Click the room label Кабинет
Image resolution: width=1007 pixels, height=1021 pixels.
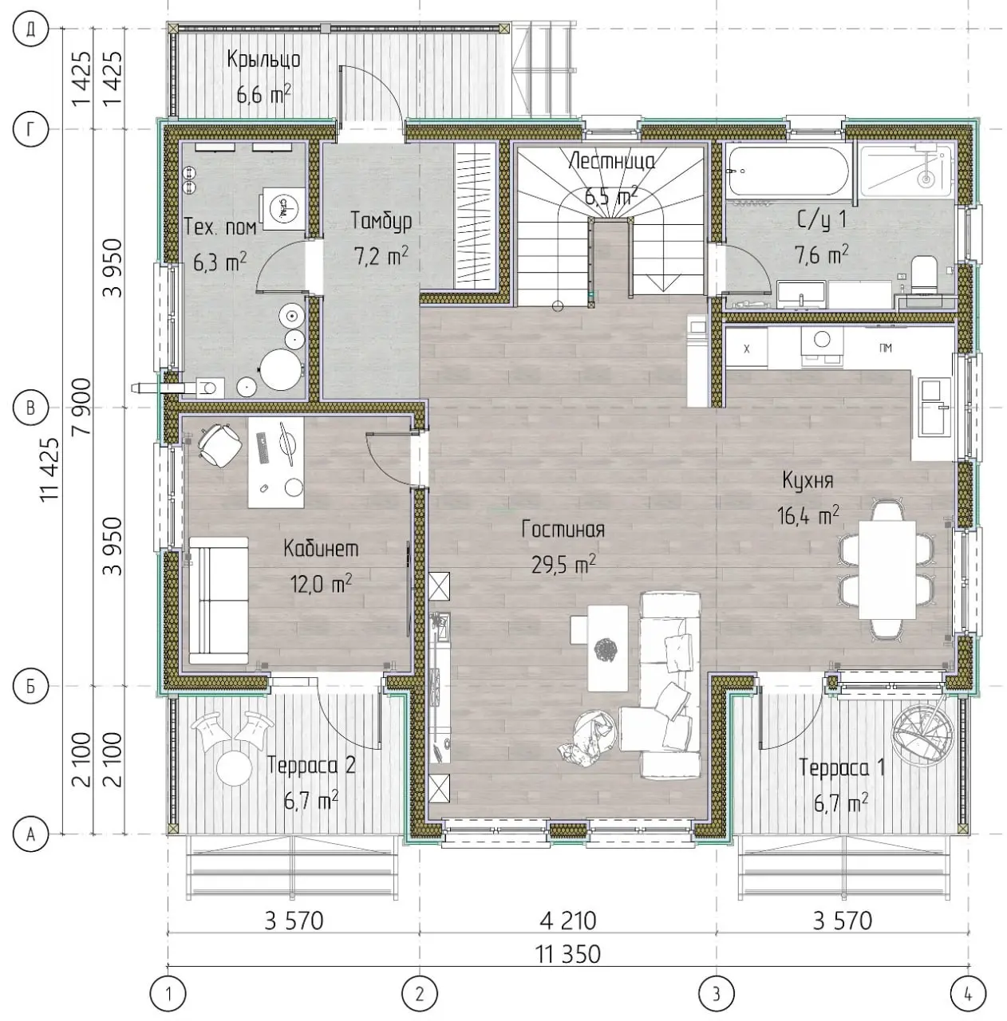[x=321, y=548]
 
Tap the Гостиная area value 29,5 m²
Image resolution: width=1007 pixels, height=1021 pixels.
[x=563, y=565]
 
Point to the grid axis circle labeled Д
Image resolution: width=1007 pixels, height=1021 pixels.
[x=31, y=30]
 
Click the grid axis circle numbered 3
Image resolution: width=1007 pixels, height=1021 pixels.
[x=717, y=994]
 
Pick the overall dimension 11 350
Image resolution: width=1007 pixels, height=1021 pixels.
[x=568, y=955]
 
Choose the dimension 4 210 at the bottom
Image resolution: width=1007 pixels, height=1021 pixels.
[x=568, y=920]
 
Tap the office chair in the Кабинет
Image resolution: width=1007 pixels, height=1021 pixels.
[x=219, y=444]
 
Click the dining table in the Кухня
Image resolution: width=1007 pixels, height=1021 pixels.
[x=887, y=570]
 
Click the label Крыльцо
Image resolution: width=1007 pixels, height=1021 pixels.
[x=263, y=59]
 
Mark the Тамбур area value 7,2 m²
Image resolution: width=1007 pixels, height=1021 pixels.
[x=381, y=255]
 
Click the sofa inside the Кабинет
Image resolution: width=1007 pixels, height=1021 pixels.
[x=219, y=601]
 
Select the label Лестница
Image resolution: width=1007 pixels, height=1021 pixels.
[x=611, y=160]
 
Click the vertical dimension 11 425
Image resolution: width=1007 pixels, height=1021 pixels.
[x=51, y=470]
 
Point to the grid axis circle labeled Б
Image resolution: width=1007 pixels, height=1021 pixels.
[x=31, y=686]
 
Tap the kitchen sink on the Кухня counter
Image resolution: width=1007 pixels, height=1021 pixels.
[x=934, y=407]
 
